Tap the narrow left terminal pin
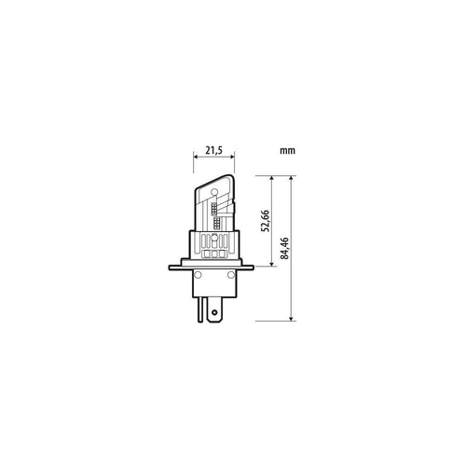[200, 307]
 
